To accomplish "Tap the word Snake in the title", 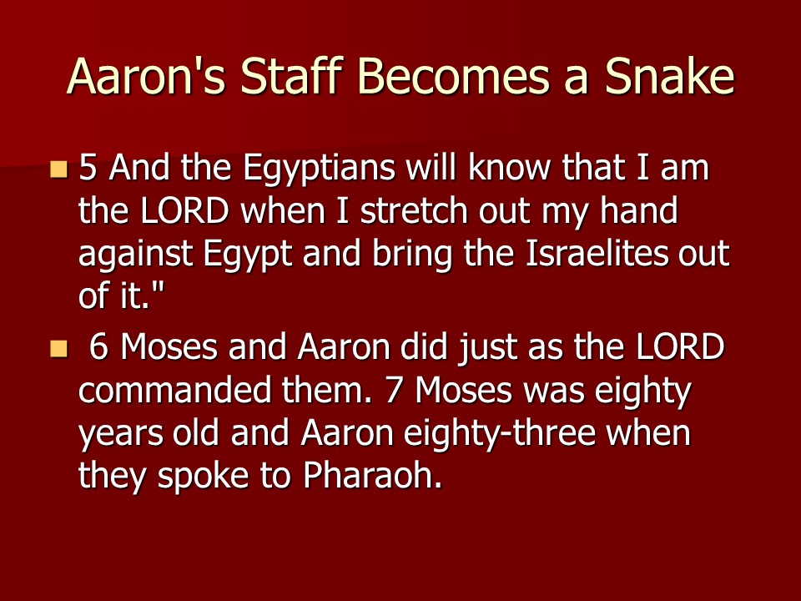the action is click(670, 76).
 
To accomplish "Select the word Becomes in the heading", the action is click(453, 76).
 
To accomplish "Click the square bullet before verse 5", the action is click(58, 169).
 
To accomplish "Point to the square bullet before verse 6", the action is click(58, 349).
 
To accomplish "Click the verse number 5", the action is click(88, 168).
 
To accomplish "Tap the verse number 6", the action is click(98, 347).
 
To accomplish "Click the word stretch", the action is click(414, 210).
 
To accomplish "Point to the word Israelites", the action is click(596, 254).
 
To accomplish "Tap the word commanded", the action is click(174, 391).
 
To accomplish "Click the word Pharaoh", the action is click(372, 476).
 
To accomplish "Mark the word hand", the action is click(638, 210).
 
